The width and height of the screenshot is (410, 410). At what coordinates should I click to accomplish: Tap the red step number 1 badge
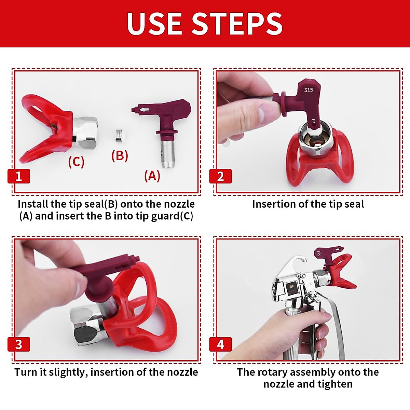[x=19, y=176]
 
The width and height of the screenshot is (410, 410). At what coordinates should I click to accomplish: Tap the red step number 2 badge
[x=220, y=176]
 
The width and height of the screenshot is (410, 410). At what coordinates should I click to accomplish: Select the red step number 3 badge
[x=19, y=344]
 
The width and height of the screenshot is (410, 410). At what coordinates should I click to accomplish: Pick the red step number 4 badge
[x=220, y=344]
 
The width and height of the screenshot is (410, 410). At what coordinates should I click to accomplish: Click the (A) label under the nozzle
[x=152, y=176]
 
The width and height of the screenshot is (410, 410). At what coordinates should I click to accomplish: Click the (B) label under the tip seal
[x=120, y=155]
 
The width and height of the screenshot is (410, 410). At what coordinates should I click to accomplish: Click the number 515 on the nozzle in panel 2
[x=309, y=90]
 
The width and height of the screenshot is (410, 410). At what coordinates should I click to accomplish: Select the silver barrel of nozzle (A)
[x=168, y=154]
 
